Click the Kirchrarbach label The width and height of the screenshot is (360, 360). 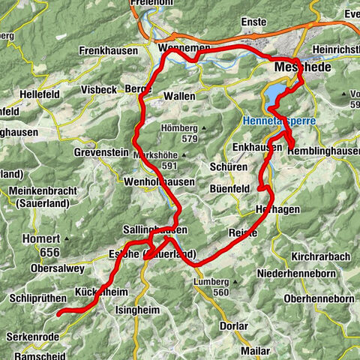tap(320, 256)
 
